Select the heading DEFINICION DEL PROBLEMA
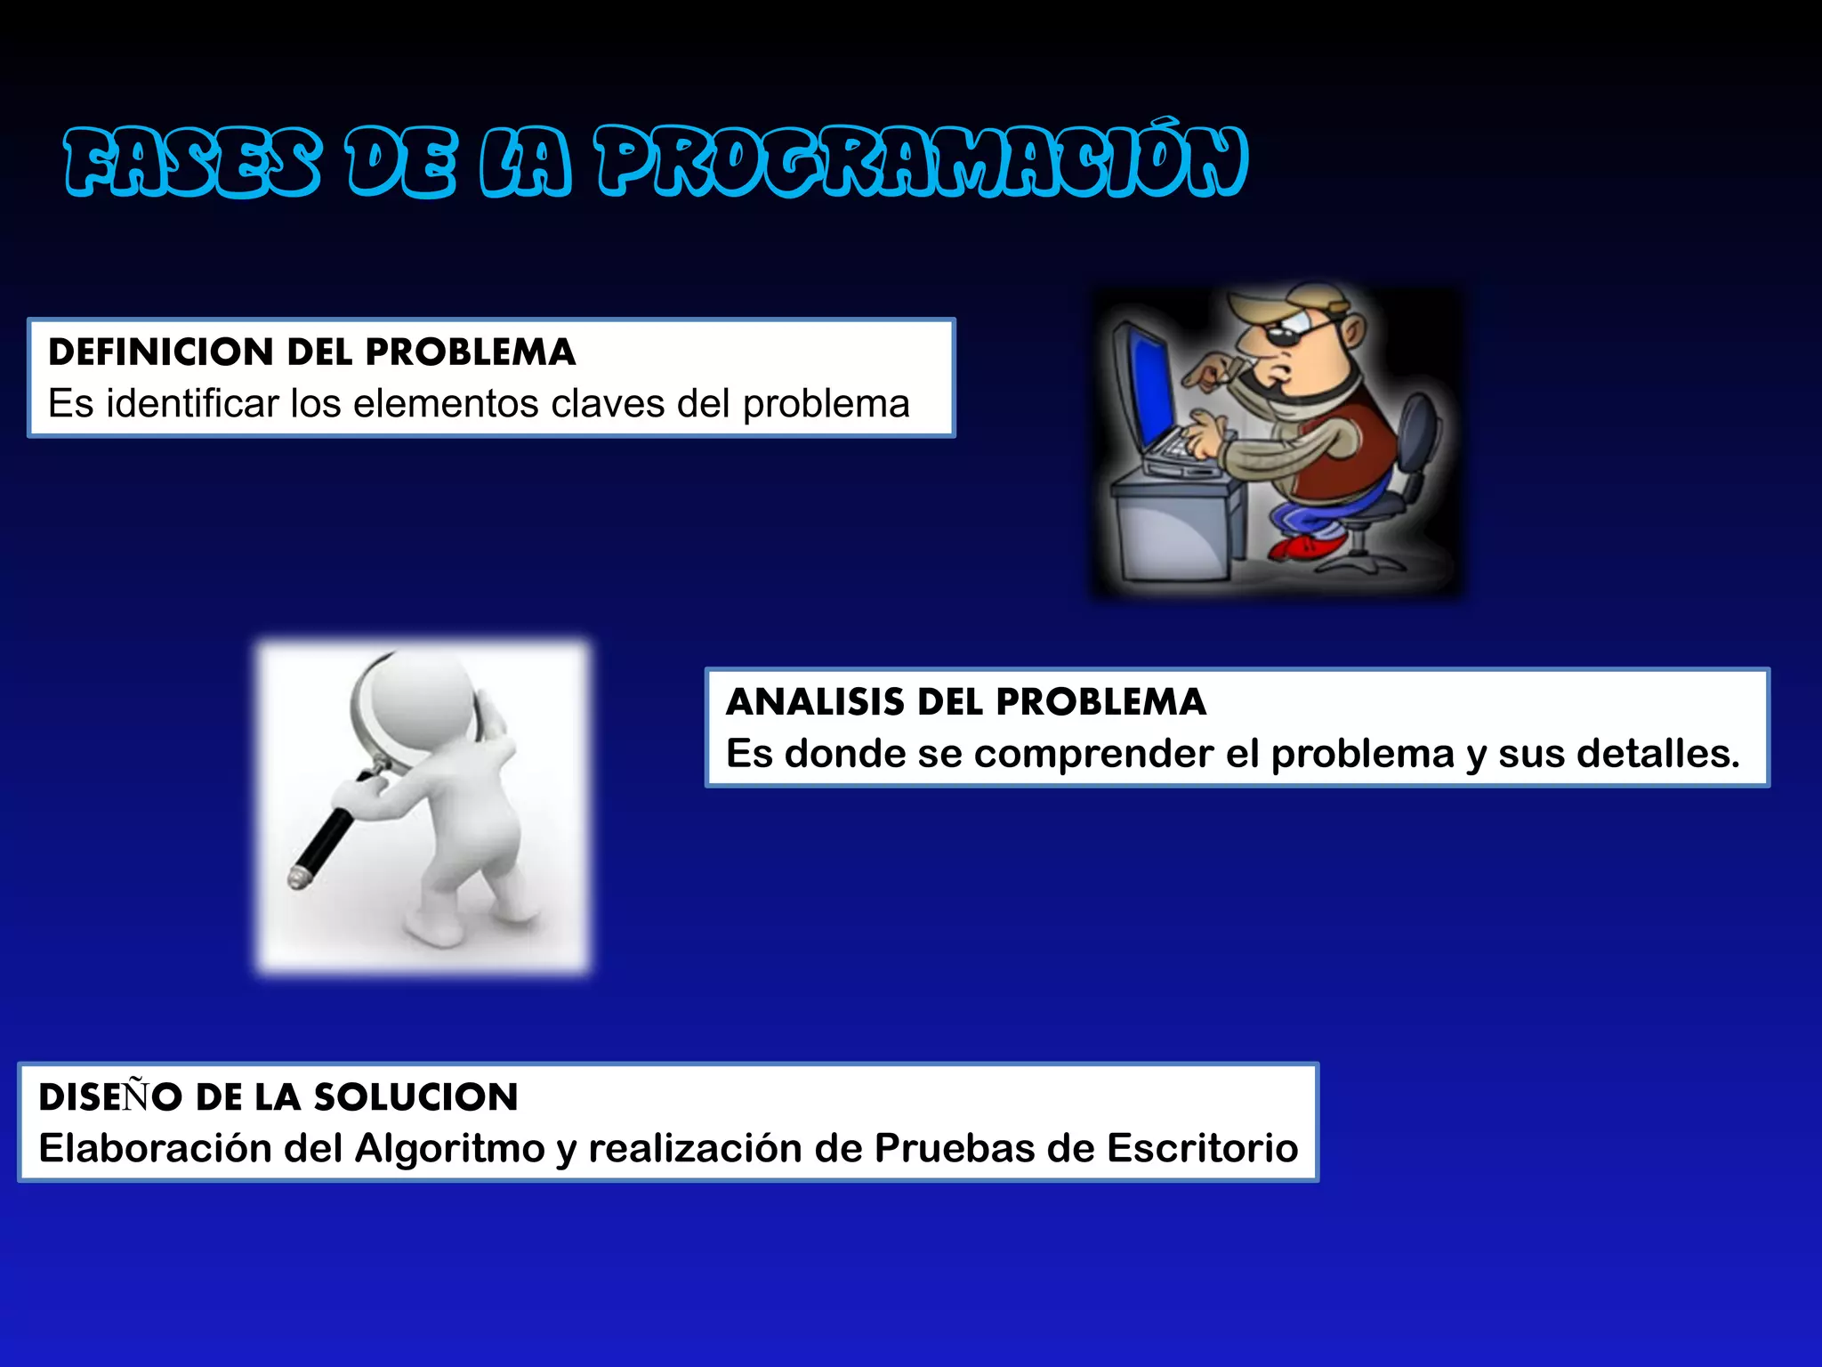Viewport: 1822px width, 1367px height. click(311, 352)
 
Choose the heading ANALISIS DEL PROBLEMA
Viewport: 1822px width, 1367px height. click(965, 702)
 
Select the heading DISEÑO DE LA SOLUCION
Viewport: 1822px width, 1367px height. click(278, 1096)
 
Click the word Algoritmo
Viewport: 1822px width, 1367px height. click(449, 1148)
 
